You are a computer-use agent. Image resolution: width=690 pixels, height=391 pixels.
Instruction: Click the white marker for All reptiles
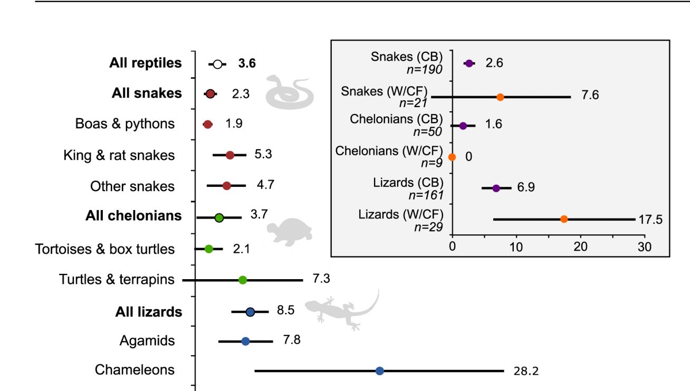[x=217, y=64]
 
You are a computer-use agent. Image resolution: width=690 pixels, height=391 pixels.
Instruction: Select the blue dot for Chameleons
[x=379, y=371]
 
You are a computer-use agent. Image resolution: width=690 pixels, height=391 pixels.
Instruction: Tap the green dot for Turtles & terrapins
[x=243, y=279]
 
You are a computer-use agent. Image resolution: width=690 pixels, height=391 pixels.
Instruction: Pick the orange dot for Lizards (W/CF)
[x=564, y=219]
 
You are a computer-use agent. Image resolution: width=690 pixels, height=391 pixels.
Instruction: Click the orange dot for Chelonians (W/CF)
[x=452, y=157]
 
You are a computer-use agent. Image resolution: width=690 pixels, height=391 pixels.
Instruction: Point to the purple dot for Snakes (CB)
[x=468, y=63]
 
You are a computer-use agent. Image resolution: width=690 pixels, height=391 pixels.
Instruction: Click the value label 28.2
[x=526, y=371]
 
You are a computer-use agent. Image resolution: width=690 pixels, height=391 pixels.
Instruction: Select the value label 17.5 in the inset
[x=650, y=220]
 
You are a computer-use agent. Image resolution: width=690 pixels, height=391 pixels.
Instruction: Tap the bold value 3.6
[x=246, y=64]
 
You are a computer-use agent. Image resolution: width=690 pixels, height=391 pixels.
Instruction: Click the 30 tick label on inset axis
[x=644, y=246]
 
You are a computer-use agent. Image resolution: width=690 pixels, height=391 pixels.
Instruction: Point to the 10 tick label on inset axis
[x=516, y=246]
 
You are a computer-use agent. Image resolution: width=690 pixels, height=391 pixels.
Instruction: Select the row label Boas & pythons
[x=125, y=123]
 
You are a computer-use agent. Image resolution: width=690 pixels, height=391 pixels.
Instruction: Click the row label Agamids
[x=147, y=341]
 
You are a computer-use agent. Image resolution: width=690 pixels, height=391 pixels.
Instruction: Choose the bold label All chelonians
[x=133, y=216]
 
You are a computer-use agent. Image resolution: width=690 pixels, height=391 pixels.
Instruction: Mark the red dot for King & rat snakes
[x=230, y=155]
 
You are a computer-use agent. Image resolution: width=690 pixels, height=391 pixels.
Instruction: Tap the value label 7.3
[x=321, y=279]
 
